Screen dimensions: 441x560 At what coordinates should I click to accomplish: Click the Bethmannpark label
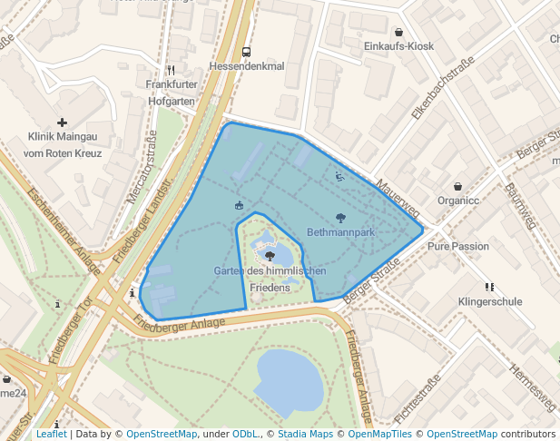[340, 232]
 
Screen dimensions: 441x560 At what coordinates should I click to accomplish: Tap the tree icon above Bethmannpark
[340, 218]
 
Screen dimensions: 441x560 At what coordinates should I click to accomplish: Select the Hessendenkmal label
[246, 67]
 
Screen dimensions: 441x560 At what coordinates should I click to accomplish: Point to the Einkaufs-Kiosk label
[398, 46]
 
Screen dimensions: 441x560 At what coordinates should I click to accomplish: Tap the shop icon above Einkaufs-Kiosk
[398, 32]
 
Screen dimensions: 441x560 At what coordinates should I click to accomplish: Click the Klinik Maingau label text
[63, 137]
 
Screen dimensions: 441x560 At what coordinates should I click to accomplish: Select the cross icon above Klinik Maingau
[62, 122]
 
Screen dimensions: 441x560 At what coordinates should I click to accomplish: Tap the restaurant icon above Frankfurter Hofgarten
[171, 70]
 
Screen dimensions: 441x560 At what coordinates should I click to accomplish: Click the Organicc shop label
[457, 201]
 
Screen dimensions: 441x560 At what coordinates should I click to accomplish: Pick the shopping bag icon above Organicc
[457, 186]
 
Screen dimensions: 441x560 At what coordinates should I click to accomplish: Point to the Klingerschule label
[490, 300]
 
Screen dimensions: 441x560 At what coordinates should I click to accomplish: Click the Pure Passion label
[458, 246]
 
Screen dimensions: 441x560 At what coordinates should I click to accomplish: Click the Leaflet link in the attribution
[51, 434]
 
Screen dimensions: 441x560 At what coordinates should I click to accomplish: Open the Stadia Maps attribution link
[305, 434]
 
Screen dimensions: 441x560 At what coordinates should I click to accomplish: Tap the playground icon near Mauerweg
[339, 177]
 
